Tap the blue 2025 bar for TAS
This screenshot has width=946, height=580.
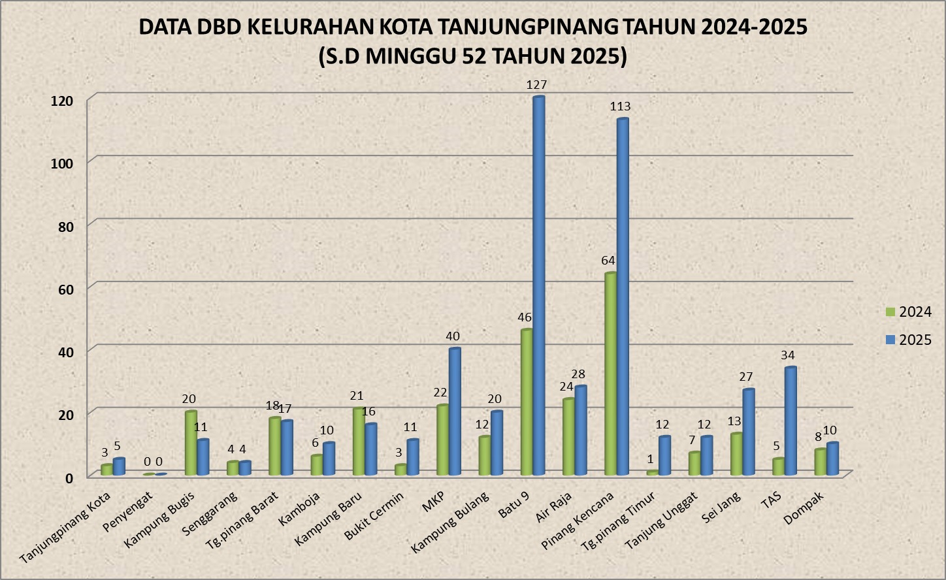tap(791, 421)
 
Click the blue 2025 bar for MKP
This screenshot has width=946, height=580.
tap(455, 411)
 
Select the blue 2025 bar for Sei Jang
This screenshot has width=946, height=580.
tap(749, 432)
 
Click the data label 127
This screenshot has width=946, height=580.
tap(536, 85)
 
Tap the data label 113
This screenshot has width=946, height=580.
tap(620, 106)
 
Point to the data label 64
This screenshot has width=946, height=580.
tap(608, 261)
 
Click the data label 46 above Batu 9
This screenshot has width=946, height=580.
tap(525, 317)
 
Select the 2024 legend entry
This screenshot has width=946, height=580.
tap(907, 312)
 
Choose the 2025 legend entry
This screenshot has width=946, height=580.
tap(907, 340)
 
